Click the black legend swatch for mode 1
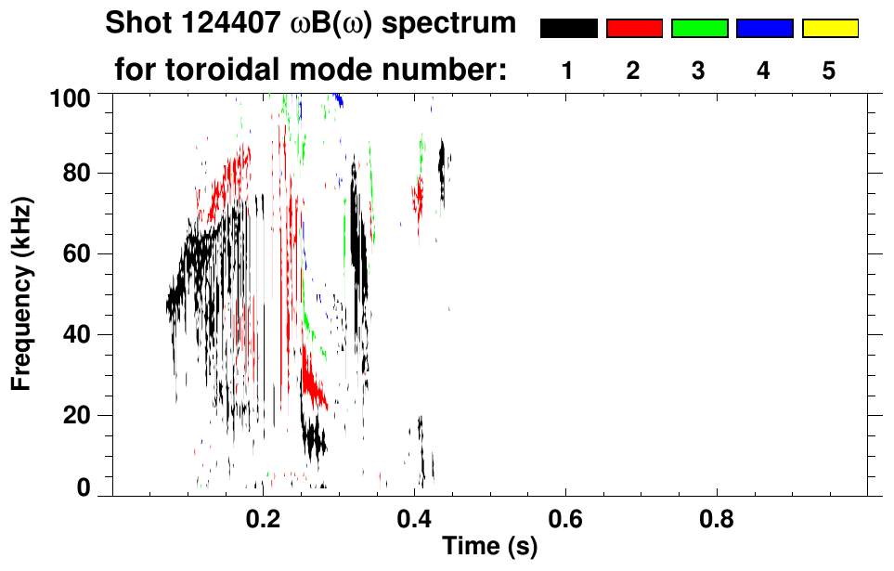pos(568,29)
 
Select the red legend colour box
pos(634,29)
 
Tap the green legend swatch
pos(699,29)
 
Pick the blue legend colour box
pos(764,29)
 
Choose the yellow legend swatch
pos(829,29)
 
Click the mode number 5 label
pos(829,71)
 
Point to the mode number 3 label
pos(699,71)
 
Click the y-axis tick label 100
pos(71,97)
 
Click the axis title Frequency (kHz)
pos(22,293)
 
